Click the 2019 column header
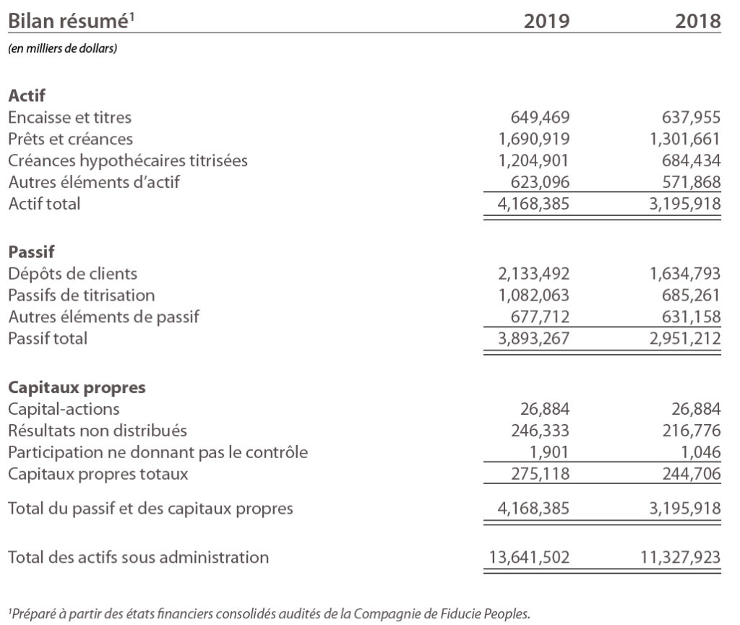coord(546,21)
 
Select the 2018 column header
coord(697,21)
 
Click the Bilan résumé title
coord(72,21)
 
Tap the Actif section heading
coord(27,95)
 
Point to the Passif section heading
coord(31,251)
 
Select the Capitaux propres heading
coord(77,388)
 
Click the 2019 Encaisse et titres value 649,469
coord(540,117)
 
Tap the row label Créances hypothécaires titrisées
coord(128,161)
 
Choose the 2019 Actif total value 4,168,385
coord(533,204)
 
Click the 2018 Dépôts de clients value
coord(685,274)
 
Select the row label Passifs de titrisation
coord(82,296)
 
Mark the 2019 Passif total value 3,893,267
coord(534,339)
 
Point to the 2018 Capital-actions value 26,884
coord(696,409)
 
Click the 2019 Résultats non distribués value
coord(541,431)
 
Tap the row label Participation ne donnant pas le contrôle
coord(158,452)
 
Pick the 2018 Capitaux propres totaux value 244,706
coord(692,474)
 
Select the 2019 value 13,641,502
coord(529,558)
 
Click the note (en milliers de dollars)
coord(63,48)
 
